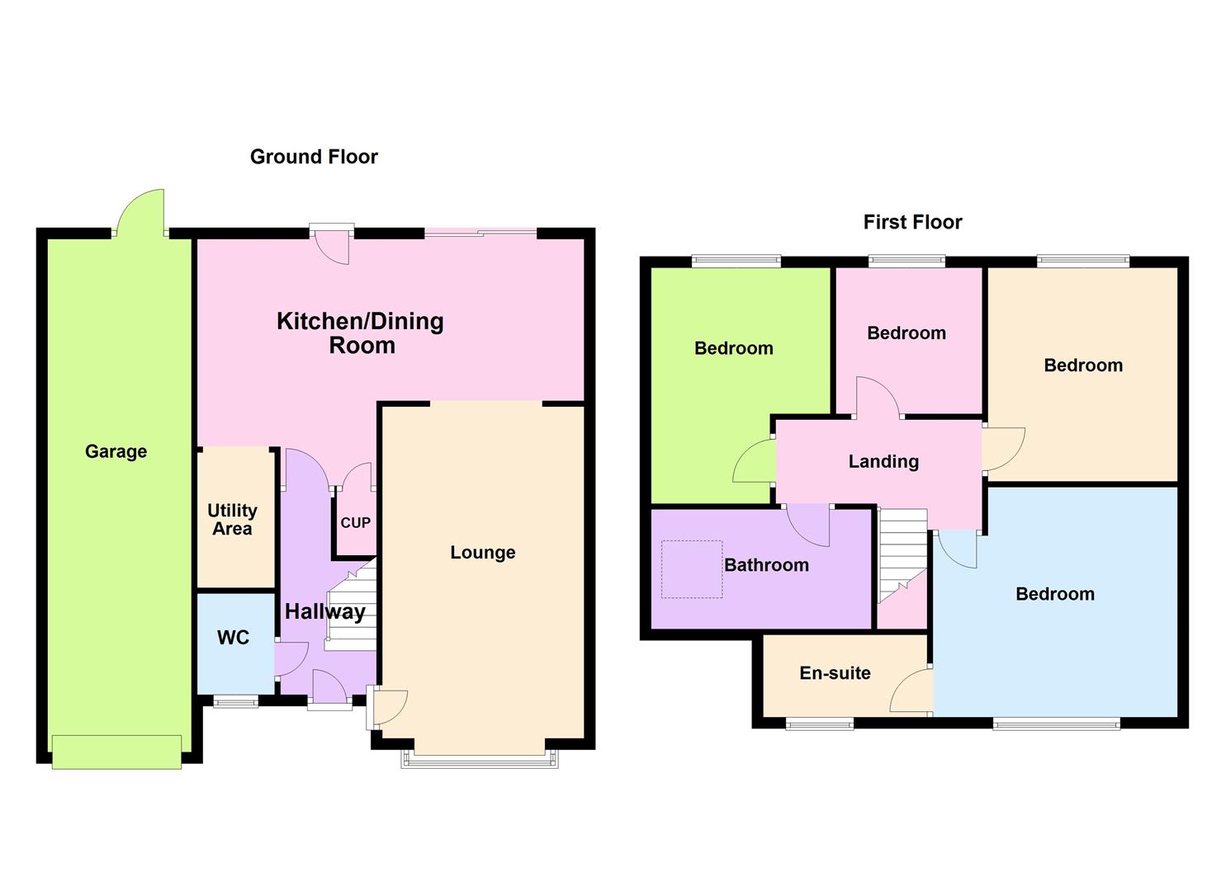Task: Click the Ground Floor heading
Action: tap(314, 157)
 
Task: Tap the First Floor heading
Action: tap(912, 222)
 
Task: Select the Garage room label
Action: tap(116, 451)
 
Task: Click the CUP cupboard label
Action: tap(356, 523)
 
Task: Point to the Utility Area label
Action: tap(232, 520)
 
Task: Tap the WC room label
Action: tap(233, 638)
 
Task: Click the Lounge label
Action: tap(482, 553)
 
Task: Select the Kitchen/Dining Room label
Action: tap(361, 333)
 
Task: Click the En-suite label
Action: tap(835, 673)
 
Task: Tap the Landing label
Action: tap(883, 461)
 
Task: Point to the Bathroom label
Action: tap(766, 565)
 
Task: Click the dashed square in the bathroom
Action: tap(692, 569)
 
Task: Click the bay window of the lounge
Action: tap(480, 760)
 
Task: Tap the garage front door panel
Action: tap(116, 752)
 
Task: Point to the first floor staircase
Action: tap(902, 553)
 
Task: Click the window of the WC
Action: tap(235, 702)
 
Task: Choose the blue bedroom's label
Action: tap(1054, 594)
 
